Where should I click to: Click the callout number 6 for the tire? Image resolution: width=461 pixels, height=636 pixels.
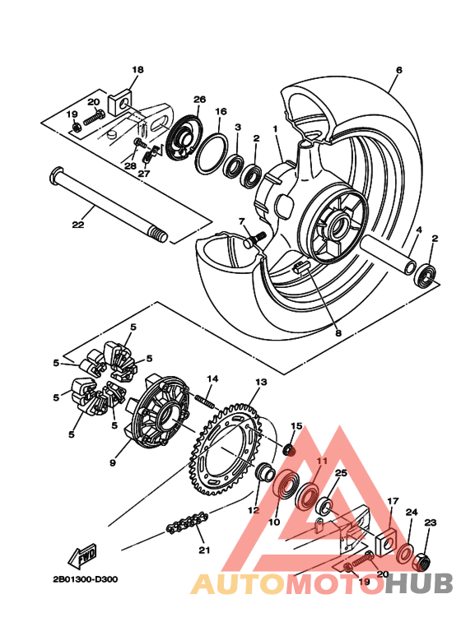point(398,71)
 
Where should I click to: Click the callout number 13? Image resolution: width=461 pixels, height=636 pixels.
point(261,383)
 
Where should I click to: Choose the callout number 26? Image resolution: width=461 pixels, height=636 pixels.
point(198,100)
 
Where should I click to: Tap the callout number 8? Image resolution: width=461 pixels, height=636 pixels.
point(314,333)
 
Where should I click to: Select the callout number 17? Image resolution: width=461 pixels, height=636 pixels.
point(393,500)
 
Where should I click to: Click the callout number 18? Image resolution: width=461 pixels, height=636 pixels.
point(137,70)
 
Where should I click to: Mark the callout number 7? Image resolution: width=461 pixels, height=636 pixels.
point(242,221)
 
